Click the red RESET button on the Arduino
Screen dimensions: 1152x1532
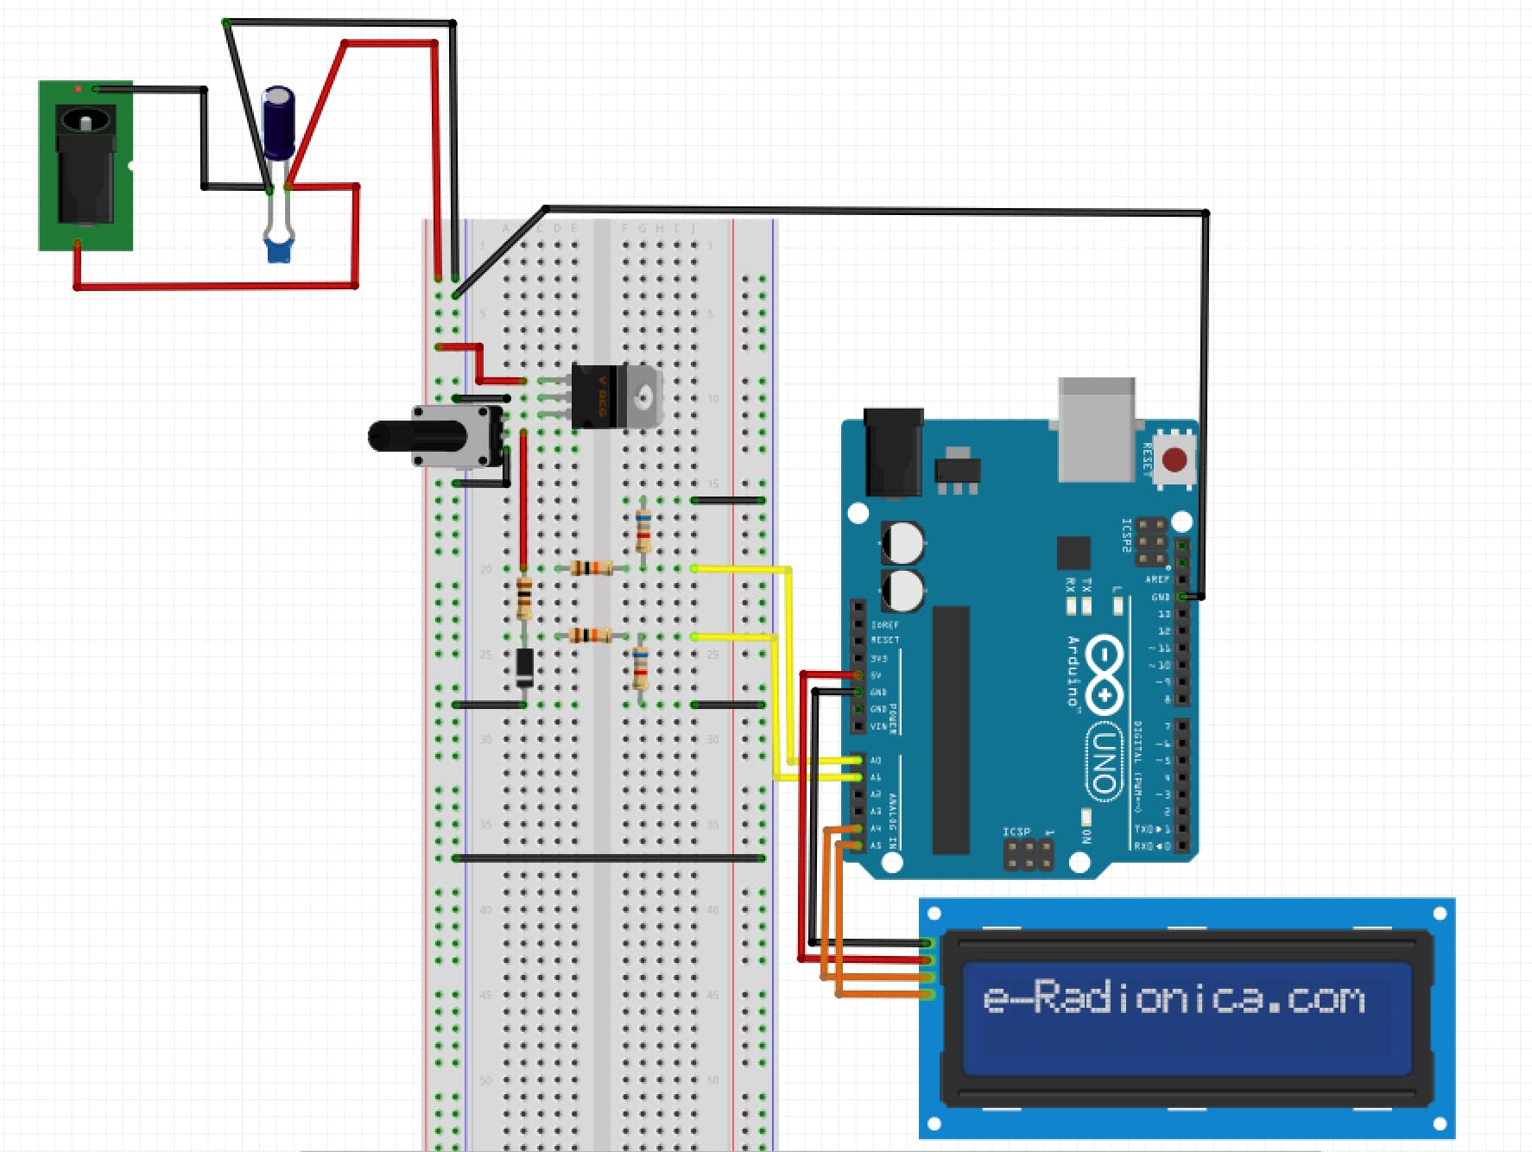click(x=1174, y=459)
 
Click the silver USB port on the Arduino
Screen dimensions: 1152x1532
click(x=1096, y=429)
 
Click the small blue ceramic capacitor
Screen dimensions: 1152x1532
click(x=278, y=250)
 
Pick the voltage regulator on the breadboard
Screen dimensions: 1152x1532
click(x=615, y=397)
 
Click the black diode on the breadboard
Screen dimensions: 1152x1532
click(x=524, y=666)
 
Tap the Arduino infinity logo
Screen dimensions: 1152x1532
click(x=1104, y=674)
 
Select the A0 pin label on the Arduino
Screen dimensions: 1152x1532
click(x=876, y=761)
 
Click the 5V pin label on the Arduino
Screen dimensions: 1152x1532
click(x=876, y=675)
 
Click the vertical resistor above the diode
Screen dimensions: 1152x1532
click(x=524, y=598)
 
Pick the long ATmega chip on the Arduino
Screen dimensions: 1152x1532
click(x=951, y=730)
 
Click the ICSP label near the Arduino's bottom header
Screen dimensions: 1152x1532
click(x=1016, y=832)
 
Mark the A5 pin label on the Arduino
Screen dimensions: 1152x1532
click(x=876, y=845)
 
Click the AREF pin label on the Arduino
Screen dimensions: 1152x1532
click(x=1156, y=579)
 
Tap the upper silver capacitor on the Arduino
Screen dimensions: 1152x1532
click(x=902, y=543)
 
